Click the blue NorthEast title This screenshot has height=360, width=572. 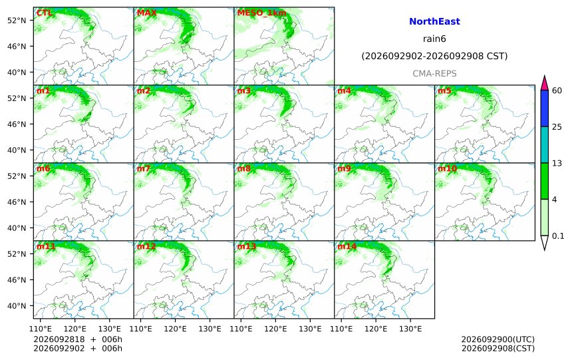coord(434,21)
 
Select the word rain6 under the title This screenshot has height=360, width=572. coord(434,39)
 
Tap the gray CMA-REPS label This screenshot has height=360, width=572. coord(434,74)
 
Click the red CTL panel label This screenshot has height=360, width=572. coord(44,13)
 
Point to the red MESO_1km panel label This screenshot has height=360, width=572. coord(261,13)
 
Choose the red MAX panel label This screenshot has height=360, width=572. coord(146,13)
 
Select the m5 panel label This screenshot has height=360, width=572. coord(444,90)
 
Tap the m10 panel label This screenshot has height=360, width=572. coord(447,168)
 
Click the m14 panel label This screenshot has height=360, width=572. coord(347,246)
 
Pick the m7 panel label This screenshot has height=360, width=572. coord(144,168)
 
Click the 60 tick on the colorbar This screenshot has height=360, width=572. coord(557,90)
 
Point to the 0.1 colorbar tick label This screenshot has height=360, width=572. coord(558,236)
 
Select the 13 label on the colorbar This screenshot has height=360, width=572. coord(557,163)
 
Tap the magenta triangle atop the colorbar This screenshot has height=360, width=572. coord(544,83)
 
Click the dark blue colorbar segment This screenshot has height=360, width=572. coord(544,108)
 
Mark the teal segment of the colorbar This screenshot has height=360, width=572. coord(544,144)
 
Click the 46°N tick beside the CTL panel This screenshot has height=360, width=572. coord(17,47)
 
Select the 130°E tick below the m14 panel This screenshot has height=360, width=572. coord(410,329)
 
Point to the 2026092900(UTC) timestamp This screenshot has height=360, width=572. coord(498,339)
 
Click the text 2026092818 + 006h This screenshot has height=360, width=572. coord(78,339)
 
